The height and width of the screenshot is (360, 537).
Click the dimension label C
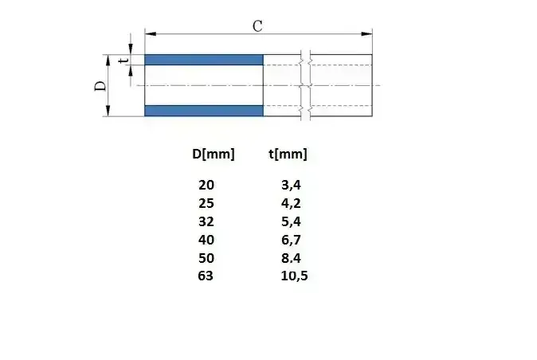[257, 25]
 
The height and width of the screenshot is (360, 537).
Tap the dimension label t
[123, 60]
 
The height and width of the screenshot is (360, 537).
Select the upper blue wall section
[204, 60]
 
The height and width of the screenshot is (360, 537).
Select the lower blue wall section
[204, 111]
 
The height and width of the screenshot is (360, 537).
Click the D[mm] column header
[214, 154]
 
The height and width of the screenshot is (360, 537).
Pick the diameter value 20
[206, 185]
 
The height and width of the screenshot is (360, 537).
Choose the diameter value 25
[206, 203]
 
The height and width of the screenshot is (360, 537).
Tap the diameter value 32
[206, 221]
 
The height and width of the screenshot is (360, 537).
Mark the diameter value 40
[206, 240]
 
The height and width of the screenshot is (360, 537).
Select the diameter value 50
[206, 258]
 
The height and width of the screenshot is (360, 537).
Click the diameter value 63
[206, 276]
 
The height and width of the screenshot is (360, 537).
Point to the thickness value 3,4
[291, 185]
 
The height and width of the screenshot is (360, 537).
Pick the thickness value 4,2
[291, 203]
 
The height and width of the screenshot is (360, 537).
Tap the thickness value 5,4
[291, 221]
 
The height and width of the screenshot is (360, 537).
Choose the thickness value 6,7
[291, 240]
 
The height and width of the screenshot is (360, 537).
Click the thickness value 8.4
[291, 258]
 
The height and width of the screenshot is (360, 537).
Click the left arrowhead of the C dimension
[149, 33]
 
